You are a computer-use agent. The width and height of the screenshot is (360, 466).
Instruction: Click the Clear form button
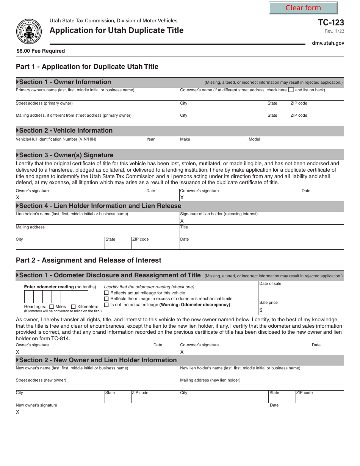pyautogui.click(x=303, y=8)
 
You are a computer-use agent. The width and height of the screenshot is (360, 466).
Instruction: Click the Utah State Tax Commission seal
pyautogui.click(x=29, y=32)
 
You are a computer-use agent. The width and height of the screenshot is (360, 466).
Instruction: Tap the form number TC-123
pyautogui.click(x=331, y=22)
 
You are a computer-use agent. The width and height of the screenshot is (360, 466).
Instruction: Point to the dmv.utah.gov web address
pyautogui.click(x=328, y=43)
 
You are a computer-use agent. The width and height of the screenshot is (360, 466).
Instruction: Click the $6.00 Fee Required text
pyautogui.click(x=41, y=51)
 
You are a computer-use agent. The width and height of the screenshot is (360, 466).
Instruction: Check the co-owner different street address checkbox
pyautogui.click(x=291, y=90)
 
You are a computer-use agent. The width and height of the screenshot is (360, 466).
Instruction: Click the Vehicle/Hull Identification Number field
pyautogui.click(x=80, y=144)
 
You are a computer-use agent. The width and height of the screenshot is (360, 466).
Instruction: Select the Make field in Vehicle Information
pyautogui.click(x=213, y=144)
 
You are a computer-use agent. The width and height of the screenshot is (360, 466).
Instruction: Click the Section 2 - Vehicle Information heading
pyautogui.click(x=66, y=130)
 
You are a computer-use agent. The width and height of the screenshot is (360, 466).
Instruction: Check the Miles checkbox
pyautogui.click(x=52, y=306)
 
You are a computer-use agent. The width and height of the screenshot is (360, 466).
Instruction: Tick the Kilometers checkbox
pyautogui.click(x=74, y=306)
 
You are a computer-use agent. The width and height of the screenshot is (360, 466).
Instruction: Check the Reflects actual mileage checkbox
pyautogui.click(x=106, y=293)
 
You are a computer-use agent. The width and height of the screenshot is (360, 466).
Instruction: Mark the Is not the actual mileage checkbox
pyautogui.click(x=106, y=305)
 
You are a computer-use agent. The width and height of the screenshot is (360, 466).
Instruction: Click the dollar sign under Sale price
pyautogui.click(x=261, y=310)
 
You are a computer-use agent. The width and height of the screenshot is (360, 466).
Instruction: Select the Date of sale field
pyautogui.click(x=301, y=292)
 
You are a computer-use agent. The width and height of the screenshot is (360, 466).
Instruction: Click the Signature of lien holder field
pyautogui.click(x=261, y=220)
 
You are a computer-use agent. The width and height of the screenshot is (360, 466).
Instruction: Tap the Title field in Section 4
pyautogui.click(x=261, y=232)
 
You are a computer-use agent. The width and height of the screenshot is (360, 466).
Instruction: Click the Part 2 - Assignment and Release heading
pyautogui.click(x=89, y=260)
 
